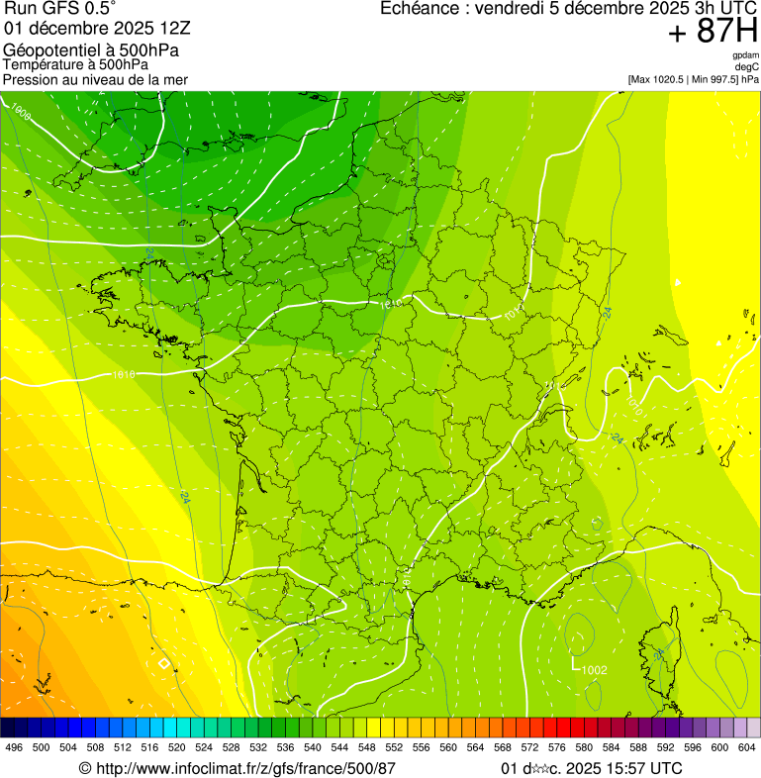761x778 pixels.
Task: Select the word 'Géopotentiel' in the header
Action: coord(47,49)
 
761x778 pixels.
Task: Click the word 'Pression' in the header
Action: coord(31,79)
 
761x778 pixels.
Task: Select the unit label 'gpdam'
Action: coord(745,55)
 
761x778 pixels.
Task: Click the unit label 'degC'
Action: coord(747,66)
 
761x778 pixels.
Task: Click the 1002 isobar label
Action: coord(594,670)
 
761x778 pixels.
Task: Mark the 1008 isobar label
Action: coord(19,113)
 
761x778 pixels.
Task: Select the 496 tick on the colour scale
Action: coord(14,747)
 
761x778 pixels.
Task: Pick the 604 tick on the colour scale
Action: coord(747,747)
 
